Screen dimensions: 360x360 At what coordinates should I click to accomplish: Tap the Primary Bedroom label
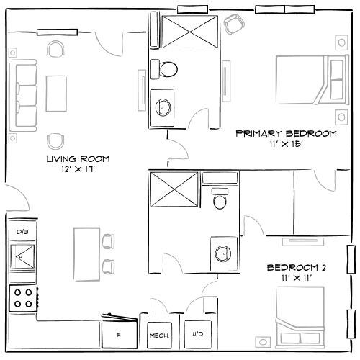(286, 134)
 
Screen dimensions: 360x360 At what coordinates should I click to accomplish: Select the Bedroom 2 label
(297, 268)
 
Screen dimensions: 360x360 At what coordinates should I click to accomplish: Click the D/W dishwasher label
(22, 231)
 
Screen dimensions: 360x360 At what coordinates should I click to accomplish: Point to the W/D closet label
(197, 335)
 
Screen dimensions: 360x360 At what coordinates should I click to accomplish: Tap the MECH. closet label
(158, 336)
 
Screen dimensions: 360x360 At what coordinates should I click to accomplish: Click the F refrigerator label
(119, 335)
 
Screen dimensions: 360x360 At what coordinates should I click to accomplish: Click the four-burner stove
(22, 297)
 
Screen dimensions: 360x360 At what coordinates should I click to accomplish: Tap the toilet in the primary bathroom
(168, 69)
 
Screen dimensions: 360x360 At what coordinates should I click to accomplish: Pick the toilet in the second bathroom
(220, 198)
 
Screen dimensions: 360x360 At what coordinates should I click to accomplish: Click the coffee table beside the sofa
(56, 95)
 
